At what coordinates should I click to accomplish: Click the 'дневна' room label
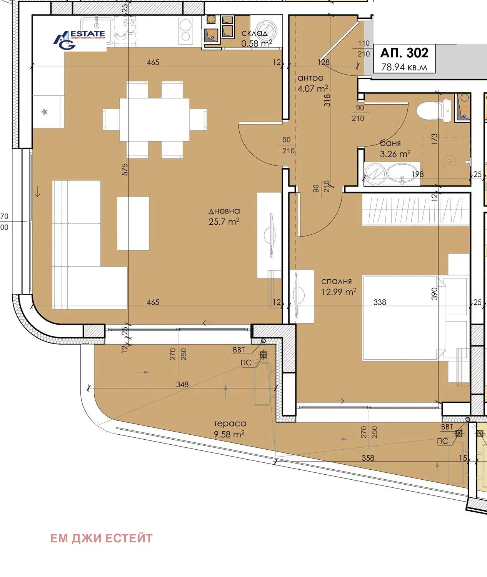point(224,211)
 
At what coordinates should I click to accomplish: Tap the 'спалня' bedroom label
point(337,282)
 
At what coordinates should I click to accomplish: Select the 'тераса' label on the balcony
point(230,424)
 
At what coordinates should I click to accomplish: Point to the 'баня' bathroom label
point(390,143)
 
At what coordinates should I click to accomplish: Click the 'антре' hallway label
point(310,78)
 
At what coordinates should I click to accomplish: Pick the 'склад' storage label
point(254,33)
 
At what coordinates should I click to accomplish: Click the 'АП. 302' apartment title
point(404,53)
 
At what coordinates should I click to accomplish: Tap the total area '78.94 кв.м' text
point(404,67)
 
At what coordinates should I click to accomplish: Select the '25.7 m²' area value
point(224,222)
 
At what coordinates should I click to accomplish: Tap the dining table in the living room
point(154,120)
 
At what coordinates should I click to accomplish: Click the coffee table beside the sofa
point(133,223)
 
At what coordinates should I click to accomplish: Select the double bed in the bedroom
point(404,318)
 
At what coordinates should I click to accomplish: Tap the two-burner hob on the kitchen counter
point(185,31)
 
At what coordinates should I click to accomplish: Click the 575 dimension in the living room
point(125,170)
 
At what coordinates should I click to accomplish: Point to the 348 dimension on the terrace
point(182,384)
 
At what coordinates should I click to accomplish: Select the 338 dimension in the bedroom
point(380,302)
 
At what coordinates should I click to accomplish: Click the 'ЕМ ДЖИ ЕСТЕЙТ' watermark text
point(102,538)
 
